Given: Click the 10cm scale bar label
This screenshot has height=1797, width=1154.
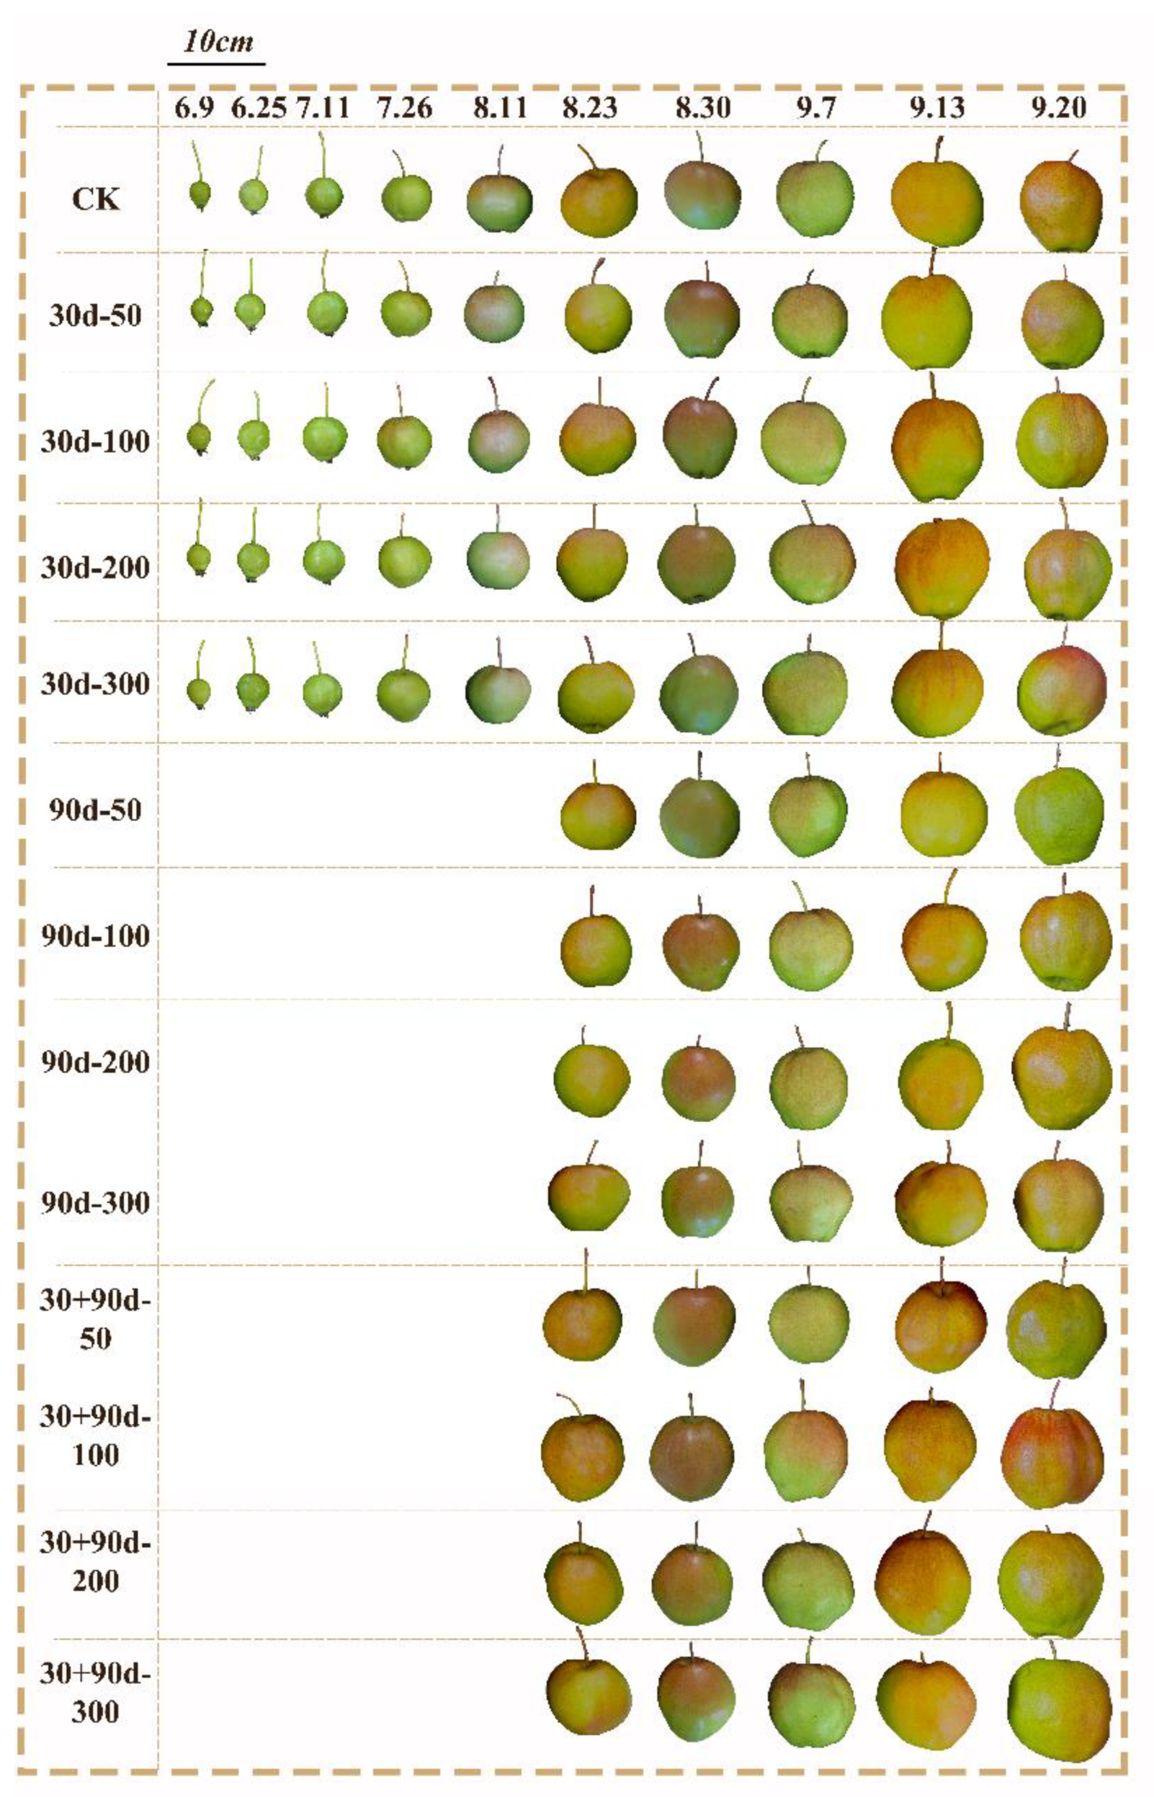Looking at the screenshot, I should coord(218,41).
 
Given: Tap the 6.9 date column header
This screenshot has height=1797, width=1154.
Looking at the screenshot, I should coord(195,109).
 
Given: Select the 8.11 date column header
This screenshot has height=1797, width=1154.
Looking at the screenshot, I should coord(500,109).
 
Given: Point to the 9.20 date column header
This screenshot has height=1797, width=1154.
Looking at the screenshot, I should coord(1058,109).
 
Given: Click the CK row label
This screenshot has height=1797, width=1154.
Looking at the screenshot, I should coord(96,200).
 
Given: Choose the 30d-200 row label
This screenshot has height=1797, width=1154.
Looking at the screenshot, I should coord(95,567).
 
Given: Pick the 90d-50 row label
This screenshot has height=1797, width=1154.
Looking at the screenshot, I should coord(95,810).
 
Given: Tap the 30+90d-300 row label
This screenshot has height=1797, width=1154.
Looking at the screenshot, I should coord(95,1693).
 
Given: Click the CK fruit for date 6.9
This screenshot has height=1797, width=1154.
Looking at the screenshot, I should coord(200,195).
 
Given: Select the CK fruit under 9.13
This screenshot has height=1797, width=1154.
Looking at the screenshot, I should coord(937,196).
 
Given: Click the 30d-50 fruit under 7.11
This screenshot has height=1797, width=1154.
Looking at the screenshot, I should coord(327,313).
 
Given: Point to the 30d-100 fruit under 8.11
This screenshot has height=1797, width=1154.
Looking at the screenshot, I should coord(499,441).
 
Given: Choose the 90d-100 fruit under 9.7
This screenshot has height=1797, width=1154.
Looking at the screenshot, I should coord(811,950).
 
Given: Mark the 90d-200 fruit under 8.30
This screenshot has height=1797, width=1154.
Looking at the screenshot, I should coord(699,1083).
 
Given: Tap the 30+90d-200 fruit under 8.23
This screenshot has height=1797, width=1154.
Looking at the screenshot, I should coord(583,1583).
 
